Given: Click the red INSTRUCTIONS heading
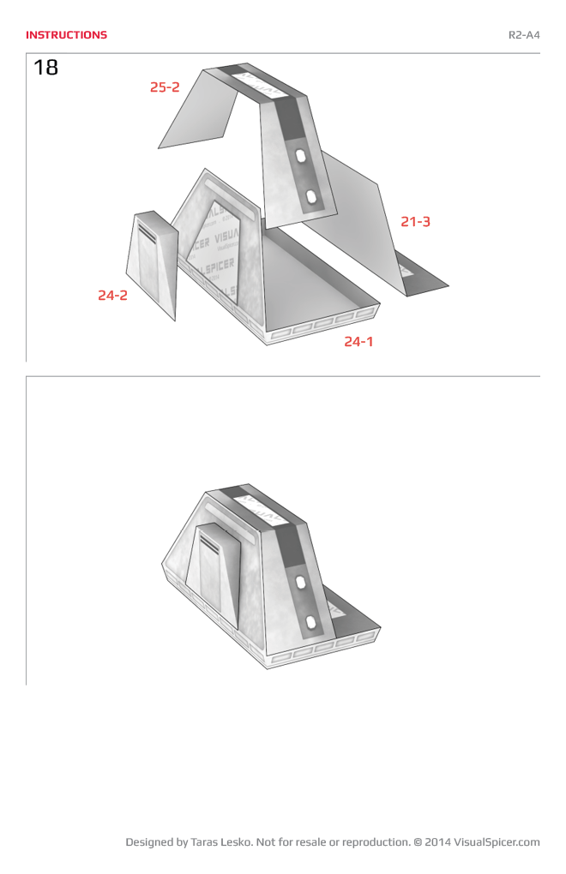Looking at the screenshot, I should (66, 35).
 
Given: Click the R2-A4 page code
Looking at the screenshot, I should (523, 35).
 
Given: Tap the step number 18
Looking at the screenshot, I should (46, 68).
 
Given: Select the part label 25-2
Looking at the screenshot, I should (165, 87).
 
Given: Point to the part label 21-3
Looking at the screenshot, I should (415, 222).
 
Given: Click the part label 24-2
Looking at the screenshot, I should (112, 296).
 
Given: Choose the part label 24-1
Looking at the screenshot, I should (358, 342).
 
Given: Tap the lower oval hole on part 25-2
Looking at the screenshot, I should (311, 198).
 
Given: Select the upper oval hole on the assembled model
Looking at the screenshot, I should (301, 582).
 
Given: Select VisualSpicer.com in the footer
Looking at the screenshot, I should (497, 842).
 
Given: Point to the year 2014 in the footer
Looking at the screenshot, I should (437, 842).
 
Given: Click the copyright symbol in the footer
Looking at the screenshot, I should (418, 842).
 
